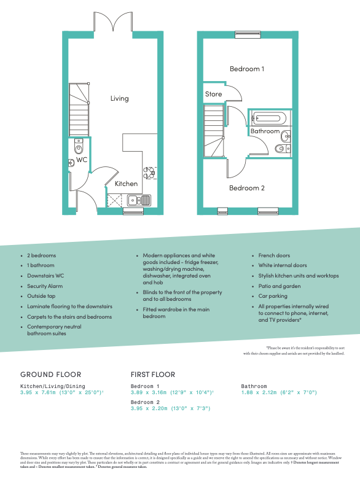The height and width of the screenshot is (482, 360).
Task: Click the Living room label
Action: pos(119,98)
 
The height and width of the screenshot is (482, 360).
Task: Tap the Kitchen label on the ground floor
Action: pos(126,184)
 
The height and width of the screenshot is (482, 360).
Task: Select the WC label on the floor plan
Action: pos(81,160)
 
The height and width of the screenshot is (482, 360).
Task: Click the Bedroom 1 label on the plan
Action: pos(246,69)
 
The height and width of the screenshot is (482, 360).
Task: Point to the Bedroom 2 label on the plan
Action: pos(246,188)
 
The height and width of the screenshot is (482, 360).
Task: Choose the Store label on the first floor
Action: pos(213,94)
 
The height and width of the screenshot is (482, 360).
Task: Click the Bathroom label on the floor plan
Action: pos(265,131)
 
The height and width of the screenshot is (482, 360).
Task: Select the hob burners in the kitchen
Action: pos(149,174)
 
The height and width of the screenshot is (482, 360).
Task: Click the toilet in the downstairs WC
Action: pos(77,148)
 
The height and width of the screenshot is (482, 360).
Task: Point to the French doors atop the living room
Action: pos(112,23)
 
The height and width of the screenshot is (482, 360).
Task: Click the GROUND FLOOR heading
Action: pos(51,374)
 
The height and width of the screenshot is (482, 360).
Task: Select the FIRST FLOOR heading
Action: pos(153,374)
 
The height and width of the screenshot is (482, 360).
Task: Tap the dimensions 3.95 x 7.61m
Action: pos(61,391)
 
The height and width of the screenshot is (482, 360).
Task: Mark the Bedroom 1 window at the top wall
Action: pos(244,34)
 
